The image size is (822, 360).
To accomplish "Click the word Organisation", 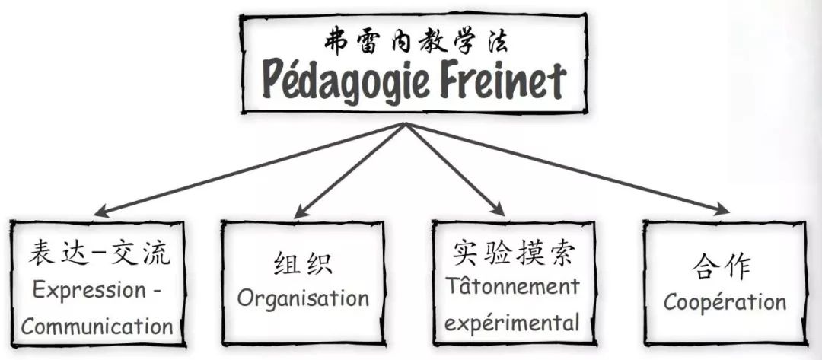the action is (x=303, y=298).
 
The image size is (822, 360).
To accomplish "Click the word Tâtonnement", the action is (x=512, y=287).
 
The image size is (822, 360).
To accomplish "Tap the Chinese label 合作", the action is (x=722, y=266).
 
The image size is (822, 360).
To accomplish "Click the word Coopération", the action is (x=725, y=301).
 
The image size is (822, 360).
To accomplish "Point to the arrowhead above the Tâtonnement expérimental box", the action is (x=498, y=209).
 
